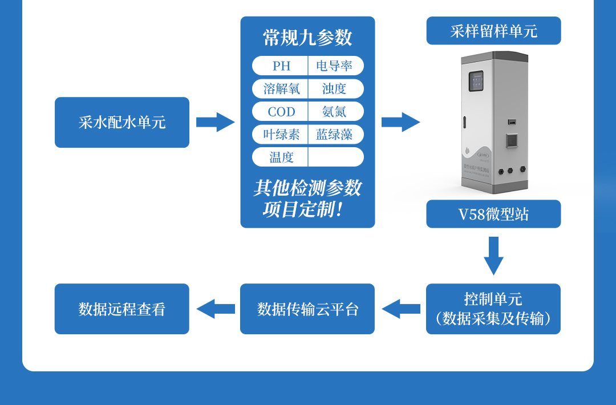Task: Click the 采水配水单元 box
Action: click(x=122, y=123)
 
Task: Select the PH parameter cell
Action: click(x=281, y=66)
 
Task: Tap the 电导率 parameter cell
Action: click(x=335, y=66)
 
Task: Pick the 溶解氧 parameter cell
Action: click(x=281, y=88)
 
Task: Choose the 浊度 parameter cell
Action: click(x=335, y=88)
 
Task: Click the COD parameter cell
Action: click(x=281, y=111)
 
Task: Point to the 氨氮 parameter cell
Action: click(x=335, y=111)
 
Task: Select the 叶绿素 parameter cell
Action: click(x=281, y=134)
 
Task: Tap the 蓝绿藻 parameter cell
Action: click(x=335, y=134)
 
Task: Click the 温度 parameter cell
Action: click(x=281, y=157)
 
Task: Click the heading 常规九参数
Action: click(x=307, y=38)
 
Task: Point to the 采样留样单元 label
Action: click(x=493, y=31)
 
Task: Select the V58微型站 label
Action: click(x=493, y=214)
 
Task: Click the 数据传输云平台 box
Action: click(x=307, y=309)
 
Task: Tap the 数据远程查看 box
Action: click(x=122, y=309)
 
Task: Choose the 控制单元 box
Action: click(x=493, y=309)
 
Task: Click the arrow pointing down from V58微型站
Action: click(x=493, y=255)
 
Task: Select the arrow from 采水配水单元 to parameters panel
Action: click(x=215, y=122)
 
